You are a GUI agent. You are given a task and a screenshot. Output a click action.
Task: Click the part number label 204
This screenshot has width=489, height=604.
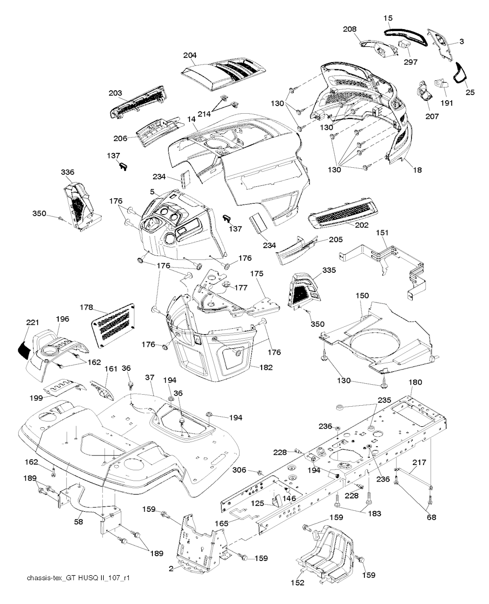click(x=190, y=56)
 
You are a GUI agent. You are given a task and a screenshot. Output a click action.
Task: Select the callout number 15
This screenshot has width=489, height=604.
click(x=388, y=18)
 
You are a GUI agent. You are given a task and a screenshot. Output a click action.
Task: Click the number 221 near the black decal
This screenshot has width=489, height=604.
click(x=32, y=323)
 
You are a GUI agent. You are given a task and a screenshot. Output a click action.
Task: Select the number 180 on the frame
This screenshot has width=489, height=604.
click(x=415, y=382)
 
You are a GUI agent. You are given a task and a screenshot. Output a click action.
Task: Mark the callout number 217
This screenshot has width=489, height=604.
click(x=419, y=462)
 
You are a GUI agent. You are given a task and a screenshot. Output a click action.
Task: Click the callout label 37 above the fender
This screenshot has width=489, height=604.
click(x=149, y=377)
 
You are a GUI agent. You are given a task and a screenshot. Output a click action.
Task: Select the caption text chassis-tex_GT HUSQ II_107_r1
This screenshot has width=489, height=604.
click(x=79, y=578)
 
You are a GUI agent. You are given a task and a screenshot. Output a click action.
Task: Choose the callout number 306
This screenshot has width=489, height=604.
click(x=239, y=470)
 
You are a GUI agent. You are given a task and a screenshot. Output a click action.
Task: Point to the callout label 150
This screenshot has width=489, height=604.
click(x=362, y=296)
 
